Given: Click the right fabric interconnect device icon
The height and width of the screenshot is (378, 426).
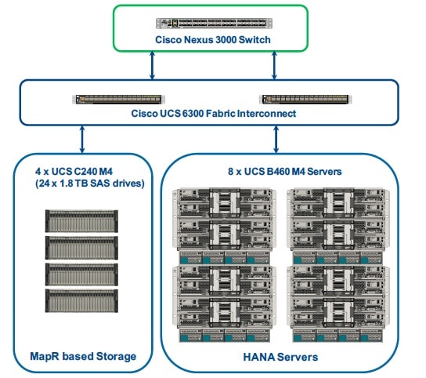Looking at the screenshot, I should click(302, 100).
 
